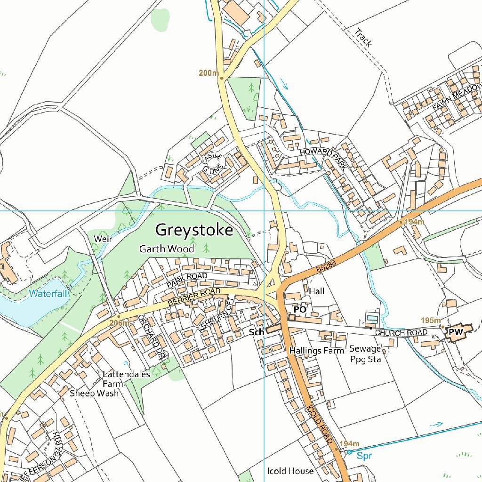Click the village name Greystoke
point(194,230)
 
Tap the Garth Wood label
point(166,249)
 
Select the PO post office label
point(300,310)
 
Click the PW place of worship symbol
point(456,332)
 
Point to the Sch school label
point(256,332)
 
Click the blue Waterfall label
point(48,294)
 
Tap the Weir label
point(103,239)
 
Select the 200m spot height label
point(209,73)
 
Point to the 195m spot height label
point(430,320)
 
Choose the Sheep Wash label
point(94,393)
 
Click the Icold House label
point(290,471)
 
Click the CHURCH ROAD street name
point(401,333)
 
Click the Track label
point(363,37)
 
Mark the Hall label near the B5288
point(317,291)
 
